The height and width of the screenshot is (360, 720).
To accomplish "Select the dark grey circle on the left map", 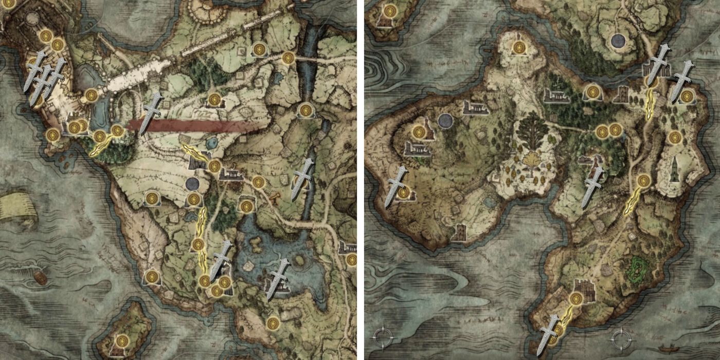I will pos(192,184).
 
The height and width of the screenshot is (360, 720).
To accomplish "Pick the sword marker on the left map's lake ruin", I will pos(278,278).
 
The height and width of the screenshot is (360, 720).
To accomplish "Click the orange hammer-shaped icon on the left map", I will pos(275,197).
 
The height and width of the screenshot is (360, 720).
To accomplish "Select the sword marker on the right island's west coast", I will pos(397,186).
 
